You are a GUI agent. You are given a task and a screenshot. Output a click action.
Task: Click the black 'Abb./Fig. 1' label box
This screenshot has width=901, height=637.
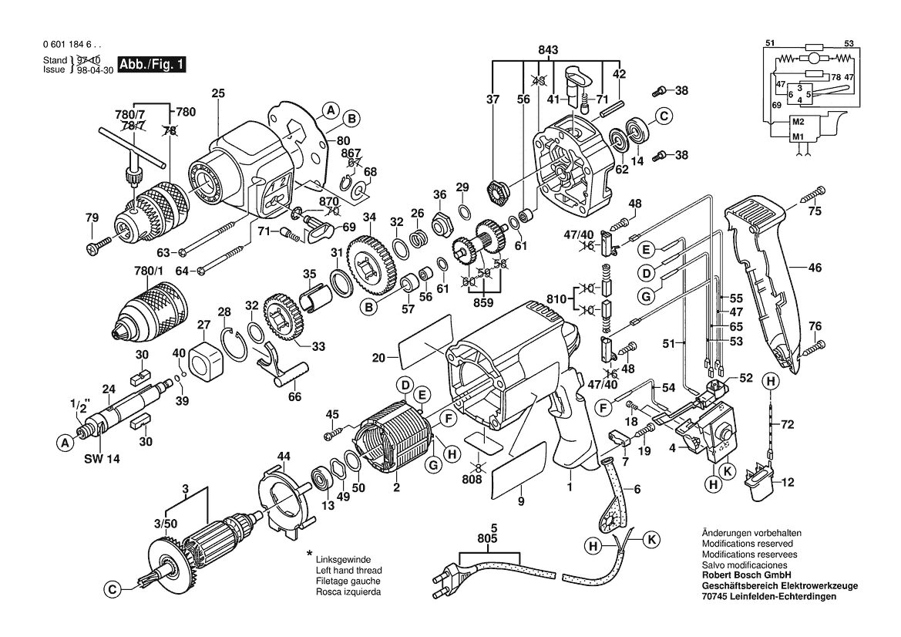tap(153, 64)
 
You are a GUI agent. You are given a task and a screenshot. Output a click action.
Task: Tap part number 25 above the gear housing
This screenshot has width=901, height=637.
tap(218, 93)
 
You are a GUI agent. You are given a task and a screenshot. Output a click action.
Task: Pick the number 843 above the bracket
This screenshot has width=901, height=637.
tap(547, 51)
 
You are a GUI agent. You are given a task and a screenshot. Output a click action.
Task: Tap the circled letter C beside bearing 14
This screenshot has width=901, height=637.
tap(664, 116)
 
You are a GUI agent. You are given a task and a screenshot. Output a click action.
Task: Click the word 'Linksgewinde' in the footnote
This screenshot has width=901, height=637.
tap(343, 559)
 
